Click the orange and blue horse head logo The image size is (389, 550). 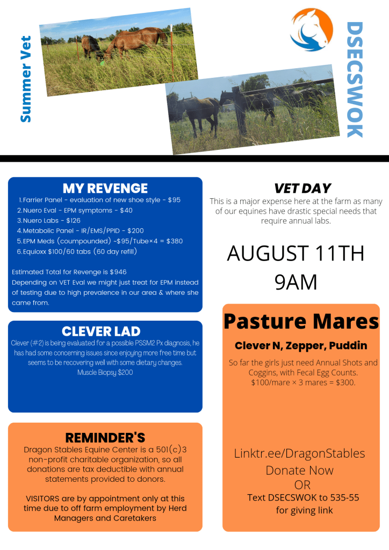(312, 30)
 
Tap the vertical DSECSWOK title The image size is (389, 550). (355, 79)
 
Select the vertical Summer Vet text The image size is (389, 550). (26, 79)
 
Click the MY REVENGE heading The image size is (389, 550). (105, 189)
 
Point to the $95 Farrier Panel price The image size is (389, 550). (174, 200)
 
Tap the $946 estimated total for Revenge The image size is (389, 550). (118, 272)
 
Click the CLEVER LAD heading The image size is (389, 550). (101, 331)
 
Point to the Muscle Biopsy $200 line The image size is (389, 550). (105, 372)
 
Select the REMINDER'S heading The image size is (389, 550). (105, 438)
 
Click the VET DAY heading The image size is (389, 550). (302, 189)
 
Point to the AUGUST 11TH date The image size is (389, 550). (296, 254)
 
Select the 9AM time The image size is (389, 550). (296, 282)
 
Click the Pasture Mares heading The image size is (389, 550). (301, 321)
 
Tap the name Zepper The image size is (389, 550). (305, 346)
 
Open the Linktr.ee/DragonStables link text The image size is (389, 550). (300, 453)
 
